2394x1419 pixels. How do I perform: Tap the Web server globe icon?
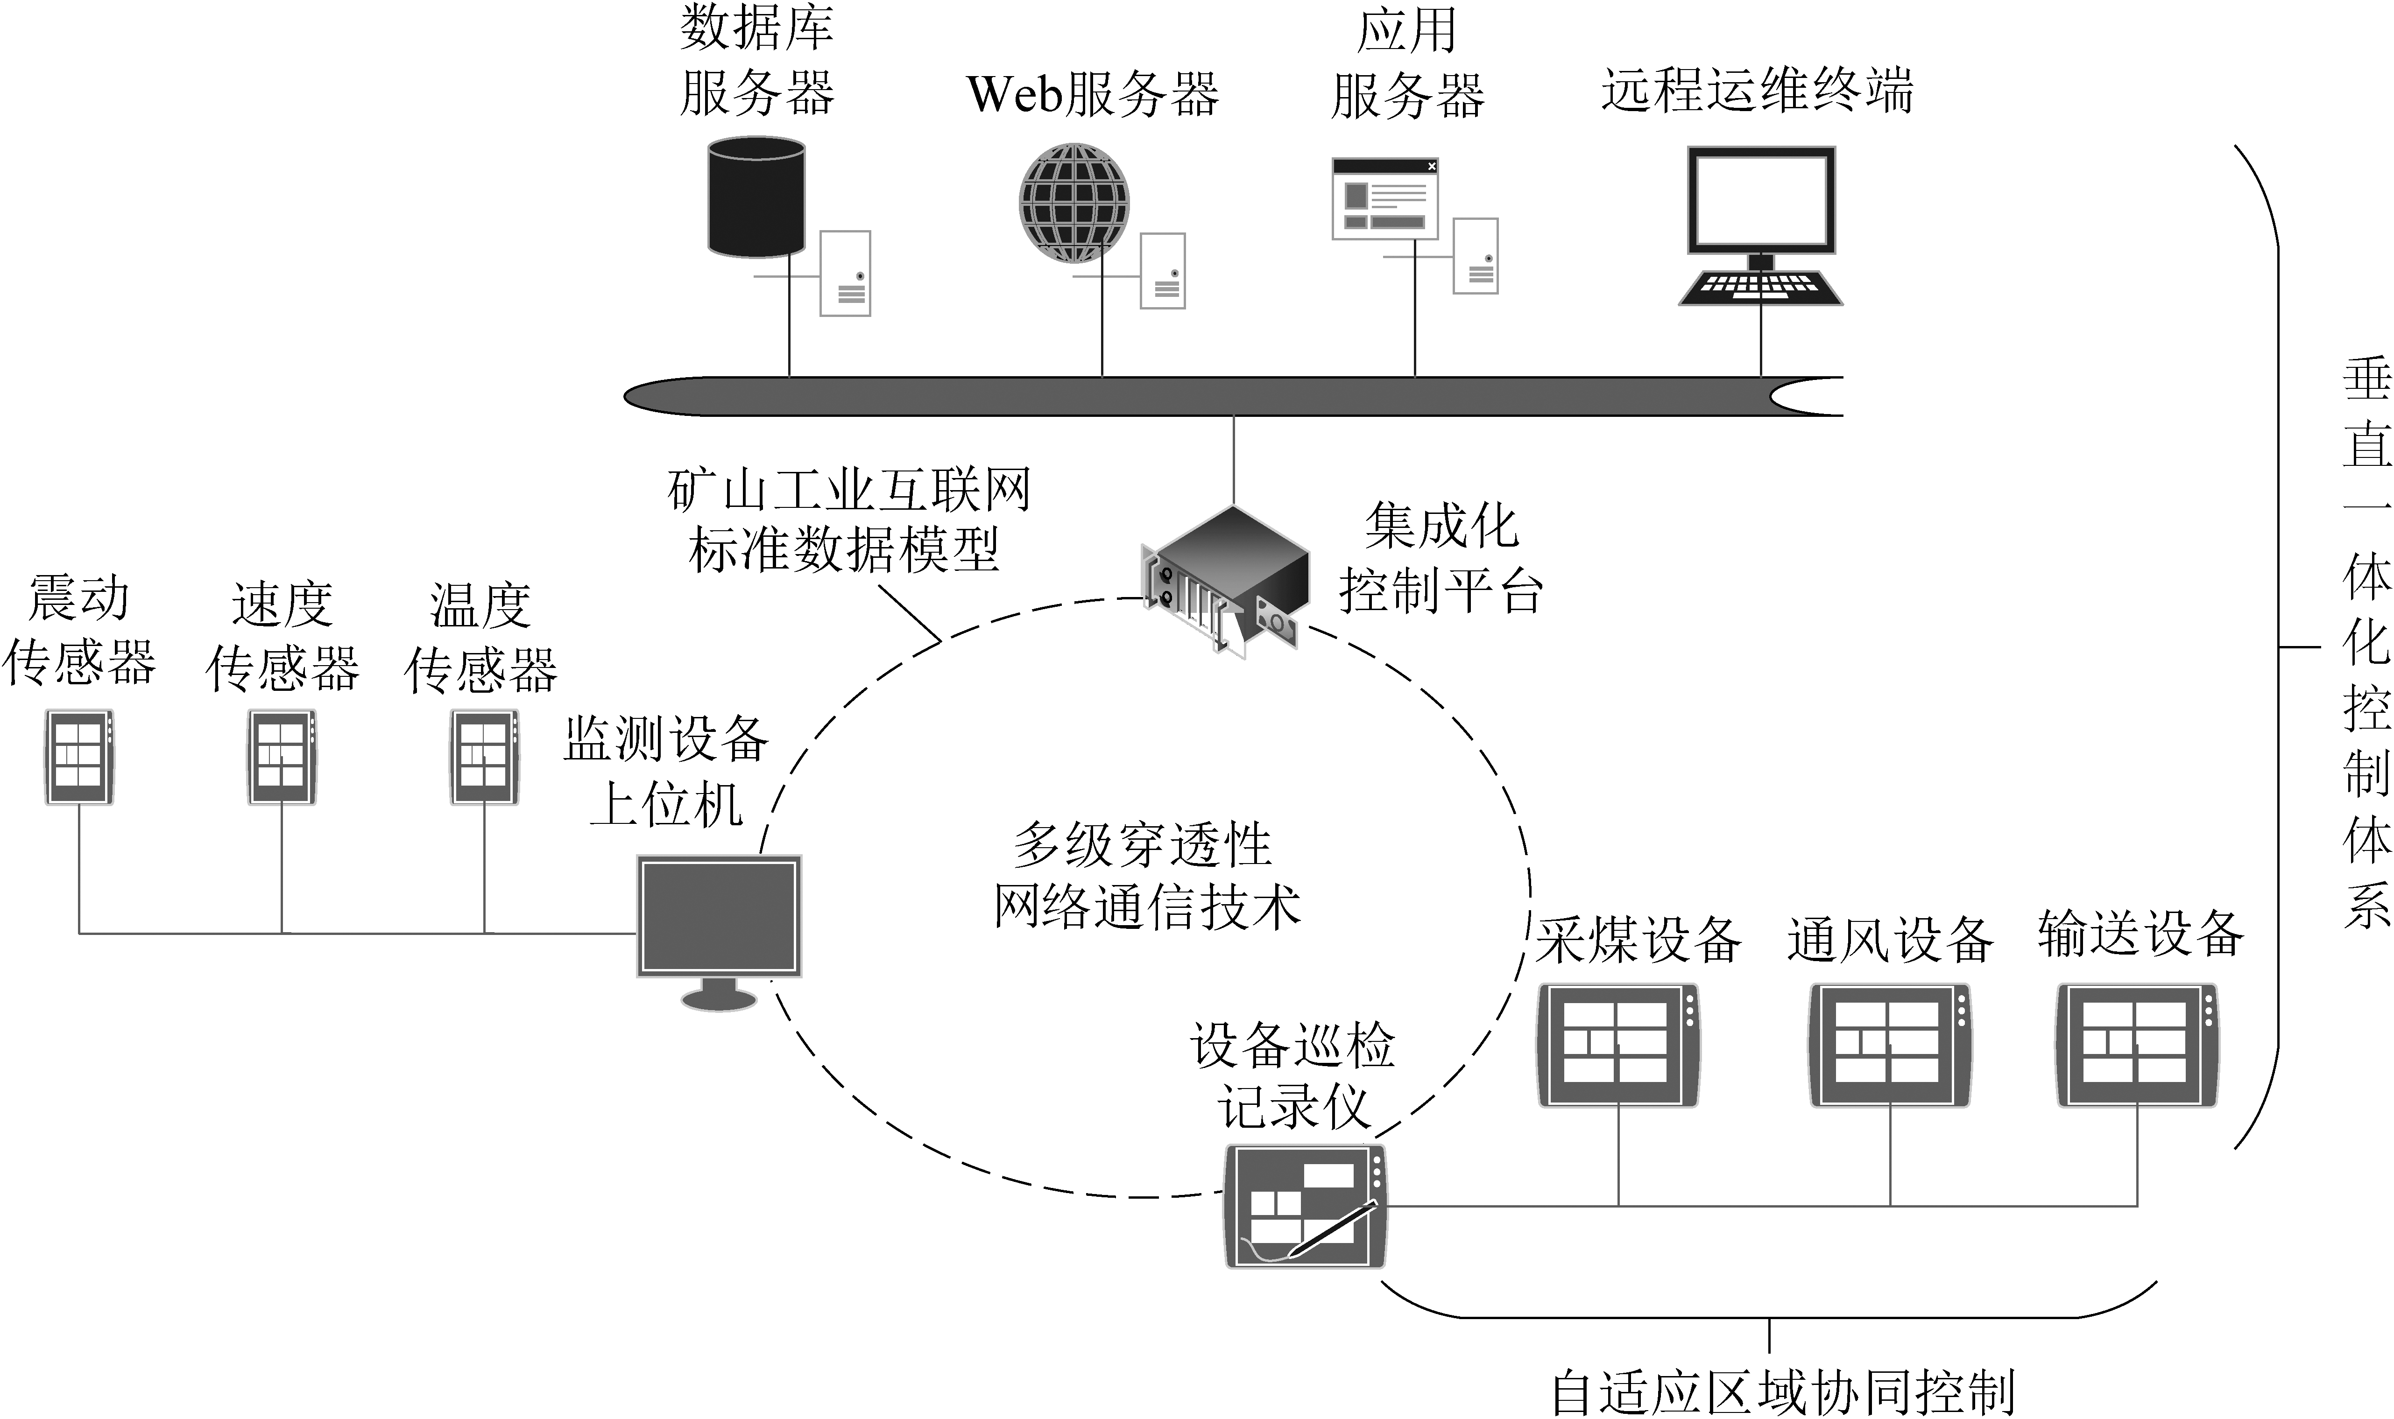coord(1073,203)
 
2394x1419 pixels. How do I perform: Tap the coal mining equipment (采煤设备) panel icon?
coord(1617,1045)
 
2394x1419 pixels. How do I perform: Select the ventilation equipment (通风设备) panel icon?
coord(1889,1045)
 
